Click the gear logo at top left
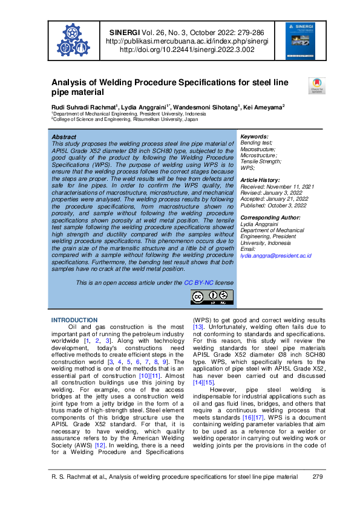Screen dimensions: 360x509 click(73, 41)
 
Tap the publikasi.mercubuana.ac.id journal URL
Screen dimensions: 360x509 click(186, 41)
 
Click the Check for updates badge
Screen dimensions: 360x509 click(317, 85)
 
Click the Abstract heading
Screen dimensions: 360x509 click(64, 137)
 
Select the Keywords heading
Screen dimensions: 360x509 click(254, 137)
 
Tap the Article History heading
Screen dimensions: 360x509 click(261, 180)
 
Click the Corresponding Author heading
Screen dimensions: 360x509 click(270, 217)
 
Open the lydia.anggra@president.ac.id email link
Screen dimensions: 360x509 click(276, 256)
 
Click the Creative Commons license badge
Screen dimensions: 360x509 click(212, 296)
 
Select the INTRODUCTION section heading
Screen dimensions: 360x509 click(74, 320)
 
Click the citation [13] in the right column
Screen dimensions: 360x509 click(198, 327)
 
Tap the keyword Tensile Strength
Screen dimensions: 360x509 click(261, 161)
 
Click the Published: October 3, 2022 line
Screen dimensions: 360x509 click(273, 205)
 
